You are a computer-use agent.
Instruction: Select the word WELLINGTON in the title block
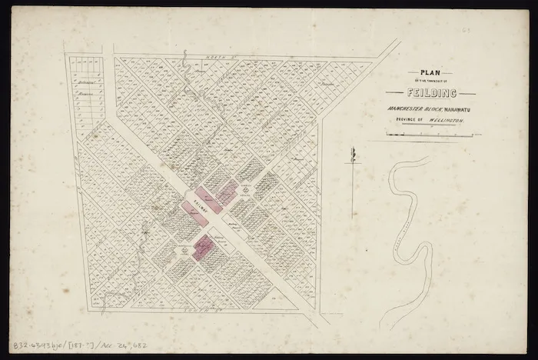(x=445, y=121)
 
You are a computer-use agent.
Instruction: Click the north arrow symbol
(x=353, y=156)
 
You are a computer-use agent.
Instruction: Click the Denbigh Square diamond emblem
(x=245, y=187)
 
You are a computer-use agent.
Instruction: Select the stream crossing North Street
(x=185, y=62)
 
